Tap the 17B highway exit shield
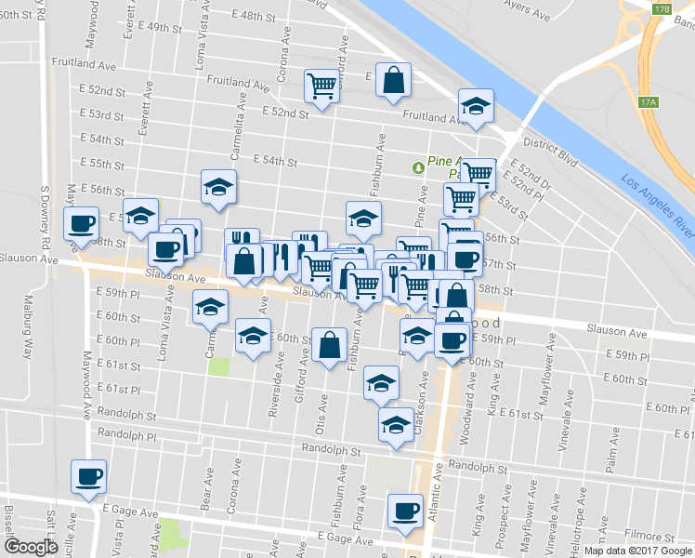(x=661, y=8)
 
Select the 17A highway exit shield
(x=649, y=101)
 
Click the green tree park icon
(x=418, y=166)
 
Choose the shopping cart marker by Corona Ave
(x=321, y=86)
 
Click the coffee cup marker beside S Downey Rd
(x=80, y=224)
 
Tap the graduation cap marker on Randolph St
(x=397, y=425)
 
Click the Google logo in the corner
(x=31, y=547)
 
